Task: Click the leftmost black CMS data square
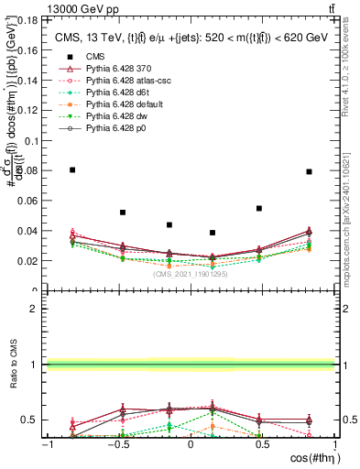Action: tap(72, 169)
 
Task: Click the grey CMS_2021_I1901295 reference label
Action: tap(191, 273)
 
